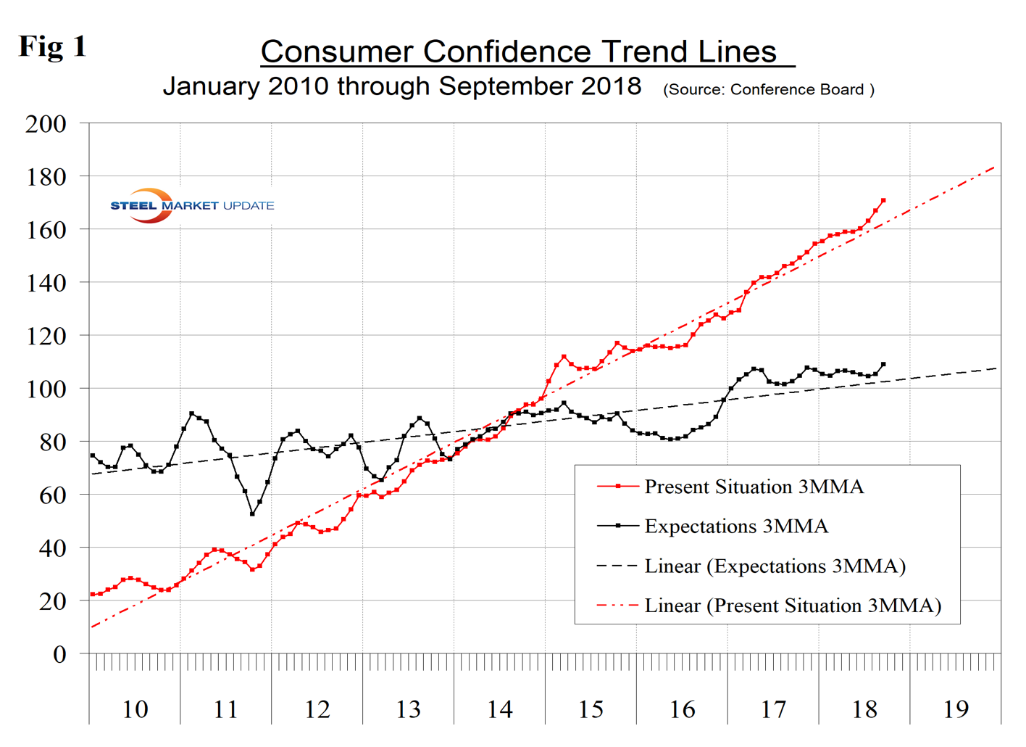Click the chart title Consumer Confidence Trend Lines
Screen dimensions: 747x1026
(x=519, y=51)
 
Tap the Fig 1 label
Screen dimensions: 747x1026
(x=52, y=46)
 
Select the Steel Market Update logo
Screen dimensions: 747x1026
(x=191, y=205)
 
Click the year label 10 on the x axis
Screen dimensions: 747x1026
(x=135, y=709)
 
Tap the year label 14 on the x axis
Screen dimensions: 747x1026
(x=499, y=709)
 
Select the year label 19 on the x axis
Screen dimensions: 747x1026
(x=956, y=709)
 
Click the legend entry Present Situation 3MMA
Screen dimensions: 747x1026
(x=754, y=487)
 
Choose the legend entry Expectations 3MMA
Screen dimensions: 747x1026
(x=735, y=527)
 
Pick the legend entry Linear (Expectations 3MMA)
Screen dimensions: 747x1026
(x=775, y=566)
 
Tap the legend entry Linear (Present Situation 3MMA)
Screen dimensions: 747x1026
(x=793, y=606)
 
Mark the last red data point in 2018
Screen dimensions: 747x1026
(x=883, y=200)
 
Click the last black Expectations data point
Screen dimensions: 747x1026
(x=883, y=365)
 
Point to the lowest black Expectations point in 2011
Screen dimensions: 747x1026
(x=252, y=513)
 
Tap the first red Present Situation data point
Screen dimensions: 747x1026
(x=93, y=595)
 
